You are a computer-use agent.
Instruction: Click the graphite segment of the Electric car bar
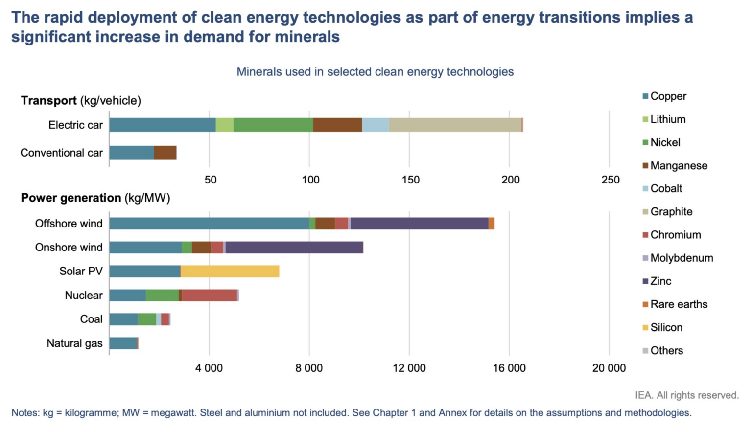(455, 125)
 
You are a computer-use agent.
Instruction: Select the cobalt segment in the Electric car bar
(376, 125)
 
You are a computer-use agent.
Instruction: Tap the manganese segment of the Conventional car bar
(165, 153)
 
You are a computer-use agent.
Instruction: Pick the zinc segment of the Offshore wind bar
(419, 224)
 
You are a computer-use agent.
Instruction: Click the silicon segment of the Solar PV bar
(230, 272)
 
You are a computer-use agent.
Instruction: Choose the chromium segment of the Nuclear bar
(210, 296)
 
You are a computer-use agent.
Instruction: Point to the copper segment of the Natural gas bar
(123, 343)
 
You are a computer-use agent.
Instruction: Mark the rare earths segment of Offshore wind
(492, 224)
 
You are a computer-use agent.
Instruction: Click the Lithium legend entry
(667, 119)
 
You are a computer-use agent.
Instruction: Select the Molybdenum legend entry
(681, 258)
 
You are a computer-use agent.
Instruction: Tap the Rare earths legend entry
(679, 304)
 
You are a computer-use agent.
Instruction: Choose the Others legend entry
(666, 350)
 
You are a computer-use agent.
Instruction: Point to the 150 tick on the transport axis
(410, 180)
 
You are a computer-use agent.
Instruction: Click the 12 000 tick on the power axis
(409, 368)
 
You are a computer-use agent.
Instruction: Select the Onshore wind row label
(69, 248)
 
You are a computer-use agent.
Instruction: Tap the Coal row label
(91, 319)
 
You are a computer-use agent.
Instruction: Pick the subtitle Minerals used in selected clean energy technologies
(375, 72)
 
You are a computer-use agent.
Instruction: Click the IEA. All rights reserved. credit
(686, 395)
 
